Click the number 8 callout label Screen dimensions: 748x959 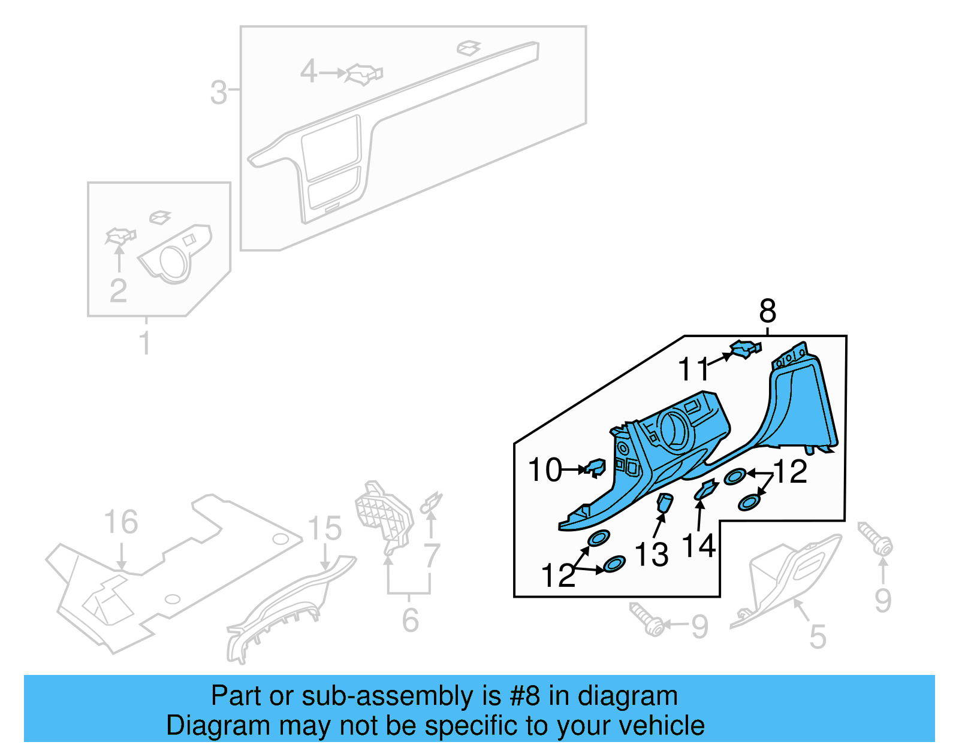pyautogui.click(x=767, y=311)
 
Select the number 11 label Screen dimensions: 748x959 pyautogui.click(x=693, y=369)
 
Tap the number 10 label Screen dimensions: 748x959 pyautogui.click(x=545, y=470)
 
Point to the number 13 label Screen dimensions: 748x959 pyautogui.click(x=652, y=554)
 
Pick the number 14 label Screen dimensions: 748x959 pyautogui.click(x=699, y=546)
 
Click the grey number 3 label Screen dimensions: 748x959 pyautogui.click(x=219, y=93)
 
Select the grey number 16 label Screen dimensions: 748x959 pyautogui.click(x=121, y=522)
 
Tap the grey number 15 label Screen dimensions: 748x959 pyautogui.click(x=324, y=529)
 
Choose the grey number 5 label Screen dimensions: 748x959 pyautogui.click(x=818, y=637)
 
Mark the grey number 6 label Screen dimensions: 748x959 pyautogui.click(x=410, y=620)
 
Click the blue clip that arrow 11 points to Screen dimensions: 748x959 pyautogui.click(x=745, y=349)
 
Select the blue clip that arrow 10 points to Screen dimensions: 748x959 pyautogui.click(x=596, y=467)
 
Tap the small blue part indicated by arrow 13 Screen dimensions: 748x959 pyautogui.click(x=665, y=502)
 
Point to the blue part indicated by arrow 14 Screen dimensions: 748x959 pyautogui.click(x=706, y=490)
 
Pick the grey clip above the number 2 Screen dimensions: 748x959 pyautogui.click(x=120, y=236)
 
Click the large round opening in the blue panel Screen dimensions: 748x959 pyautogui.click(x=676, y=430)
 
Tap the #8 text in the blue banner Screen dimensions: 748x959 pyautogui.click(x=525, y=696)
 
